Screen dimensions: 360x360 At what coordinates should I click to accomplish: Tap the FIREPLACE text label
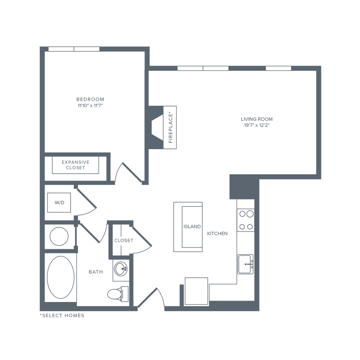click(171, 128)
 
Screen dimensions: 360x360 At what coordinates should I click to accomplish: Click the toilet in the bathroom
click(114, 294)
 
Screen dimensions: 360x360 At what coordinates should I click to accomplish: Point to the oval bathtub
click(60, 277)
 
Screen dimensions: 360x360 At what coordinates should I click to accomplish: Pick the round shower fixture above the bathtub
click(59, 237)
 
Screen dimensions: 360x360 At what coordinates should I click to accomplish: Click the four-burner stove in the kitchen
click(246, 220)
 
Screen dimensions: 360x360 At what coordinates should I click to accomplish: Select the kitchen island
click(188, 227)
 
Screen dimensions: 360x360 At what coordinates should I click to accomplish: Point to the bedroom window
click(74, 49)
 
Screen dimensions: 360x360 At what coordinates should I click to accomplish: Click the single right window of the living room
click(278, 68)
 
